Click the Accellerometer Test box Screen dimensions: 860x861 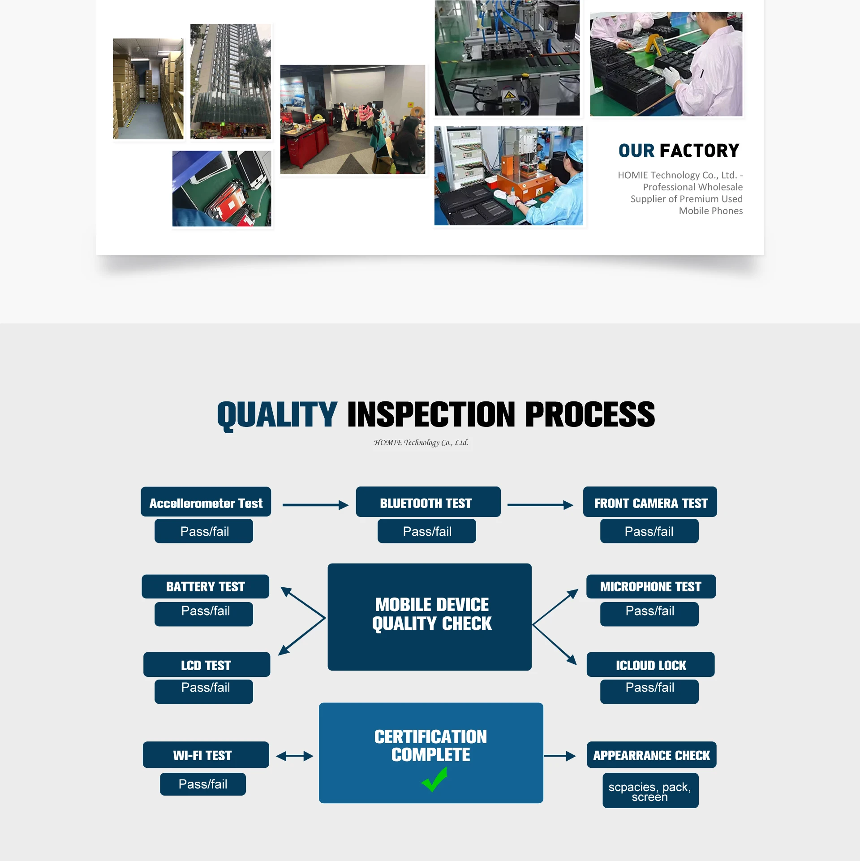coord(206,502)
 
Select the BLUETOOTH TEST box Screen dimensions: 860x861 coord(428,502)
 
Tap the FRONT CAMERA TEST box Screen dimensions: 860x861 coord(650,502)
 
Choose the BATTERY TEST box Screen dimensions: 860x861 coord(206,586)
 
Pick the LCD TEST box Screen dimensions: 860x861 coord(206,664)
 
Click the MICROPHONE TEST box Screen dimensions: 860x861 coord(651,586)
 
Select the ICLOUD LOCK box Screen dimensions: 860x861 coord(651,664)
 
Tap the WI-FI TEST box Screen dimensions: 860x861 coord(206,755)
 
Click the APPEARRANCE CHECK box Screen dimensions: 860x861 coord(652,755)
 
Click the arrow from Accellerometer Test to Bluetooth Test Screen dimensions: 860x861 coord(315,505)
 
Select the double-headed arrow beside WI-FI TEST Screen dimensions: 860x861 coord(294,756)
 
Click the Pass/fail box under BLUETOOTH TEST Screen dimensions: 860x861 coord(427,531)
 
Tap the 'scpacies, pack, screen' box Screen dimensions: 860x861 coord(650,791)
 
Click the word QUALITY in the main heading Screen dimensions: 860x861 coord(277,415)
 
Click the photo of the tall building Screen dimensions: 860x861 coord(231,82)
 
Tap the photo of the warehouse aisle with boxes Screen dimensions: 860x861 coord(148,89)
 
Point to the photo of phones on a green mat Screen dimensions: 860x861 coord(222,189)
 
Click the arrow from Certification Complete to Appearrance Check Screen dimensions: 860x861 coord(560,756)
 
